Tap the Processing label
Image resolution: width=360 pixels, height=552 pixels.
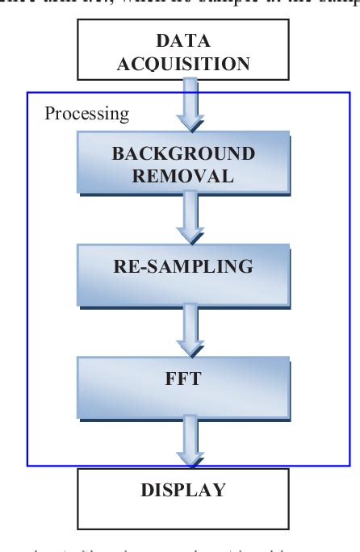[x=86, y=113]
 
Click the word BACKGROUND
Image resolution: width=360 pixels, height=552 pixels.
[x=182, y=153]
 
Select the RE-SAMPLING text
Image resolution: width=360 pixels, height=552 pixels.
[x=182, y=266]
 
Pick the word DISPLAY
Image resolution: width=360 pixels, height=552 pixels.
[x=182, y=490]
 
